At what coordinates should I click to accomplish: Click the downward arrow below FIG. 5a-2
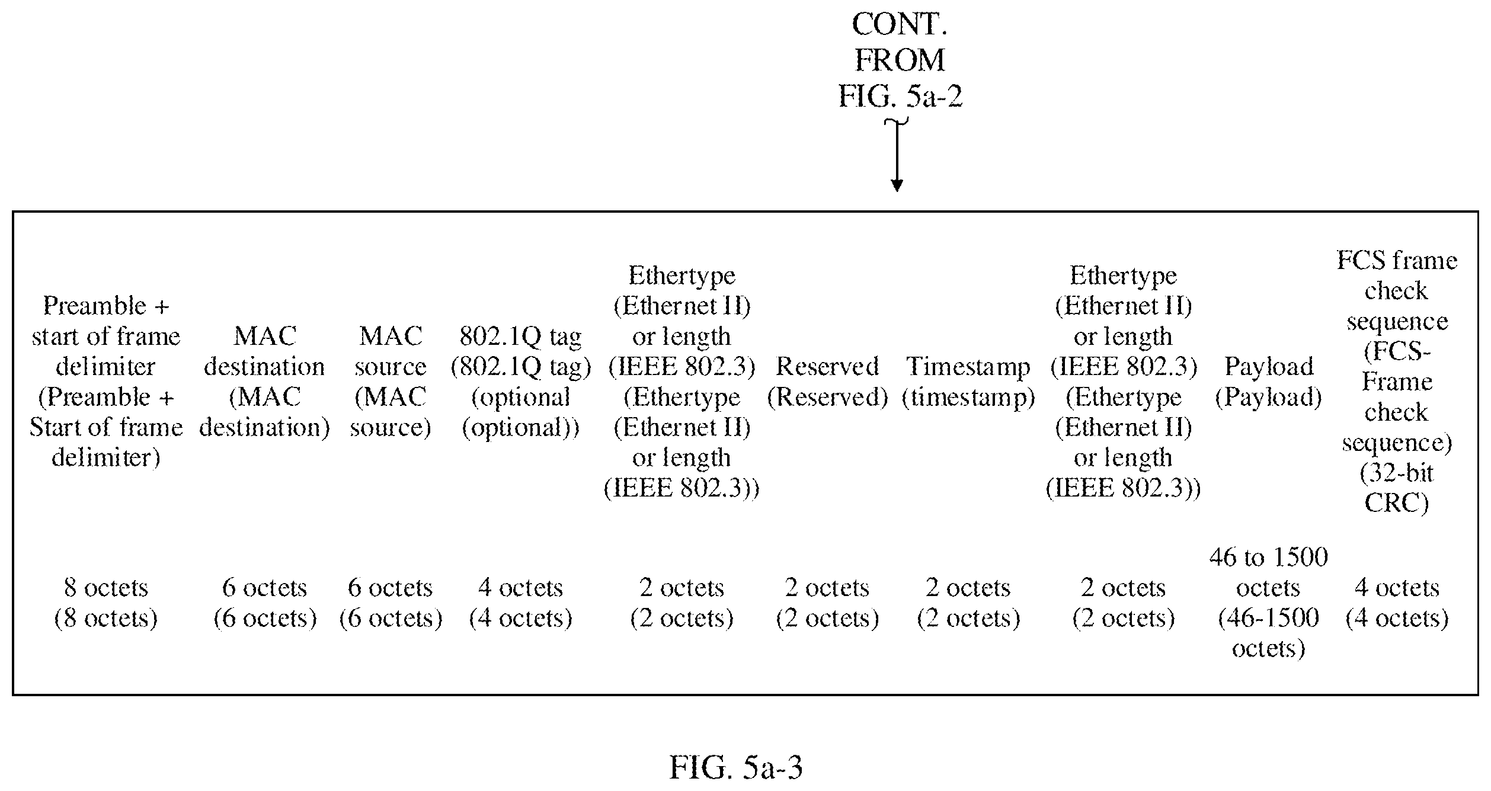pyautogui.click(x=897, y=156)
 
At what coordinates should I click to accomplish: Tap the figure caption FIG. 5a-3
pyautogui.click(x=736, y=767)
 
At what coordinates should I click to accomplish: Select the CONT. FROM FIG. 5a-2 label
pyautogui.click(x=900, y=60)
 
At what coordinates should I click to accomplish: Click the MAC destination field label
pyautogui.click(x=264, y=382)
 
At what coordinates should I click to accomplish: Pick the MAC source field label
pyautogui.click(x=391, y=382)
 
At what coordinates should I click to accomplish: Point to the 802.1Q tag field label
pyautogui.click(x=521, y=382)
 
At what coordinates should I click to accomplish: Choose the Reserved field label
pyautogui.click(x=827, y=382)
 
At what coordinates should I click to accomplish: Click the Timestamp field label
pyautogui.click(x=968, y=382)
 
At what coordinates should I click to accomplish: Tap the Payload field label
pyautogui.click(x=1269, y=382)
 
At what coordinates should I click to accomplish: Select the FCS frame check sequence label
pyautogui.click(x=1397, y=382)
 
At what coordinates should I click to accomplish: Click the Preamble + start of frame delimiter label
pyautogui.click(x=106, y=382)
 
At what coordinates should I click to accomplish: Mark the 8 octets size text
pyautogui.click(x=106, y=603)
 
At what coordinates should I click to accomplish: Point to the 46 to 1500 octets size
pyautogui.click(x=1269, y=603)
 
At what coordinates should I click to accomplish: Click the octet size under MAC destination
pyautogui.click(x=265, y=603)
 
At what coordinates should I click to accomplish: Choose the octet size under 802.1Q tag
pyautogui.click(x=521, y=603)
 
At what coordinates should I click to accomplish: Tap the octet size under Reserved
pyautogui.click(x=827, y=603)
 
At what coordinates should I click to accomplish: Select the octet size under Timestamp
pyautogui.click(x=968, y=603)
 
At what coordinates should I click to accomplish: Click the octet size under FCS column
pyautogui.click(x=1397, y=603)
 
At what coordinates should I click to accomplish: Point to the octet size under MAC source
pyautogui.click(x=391, y=603)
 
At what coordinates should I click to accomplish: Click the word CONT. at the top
pyautogui.click(x=900, y=24)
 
